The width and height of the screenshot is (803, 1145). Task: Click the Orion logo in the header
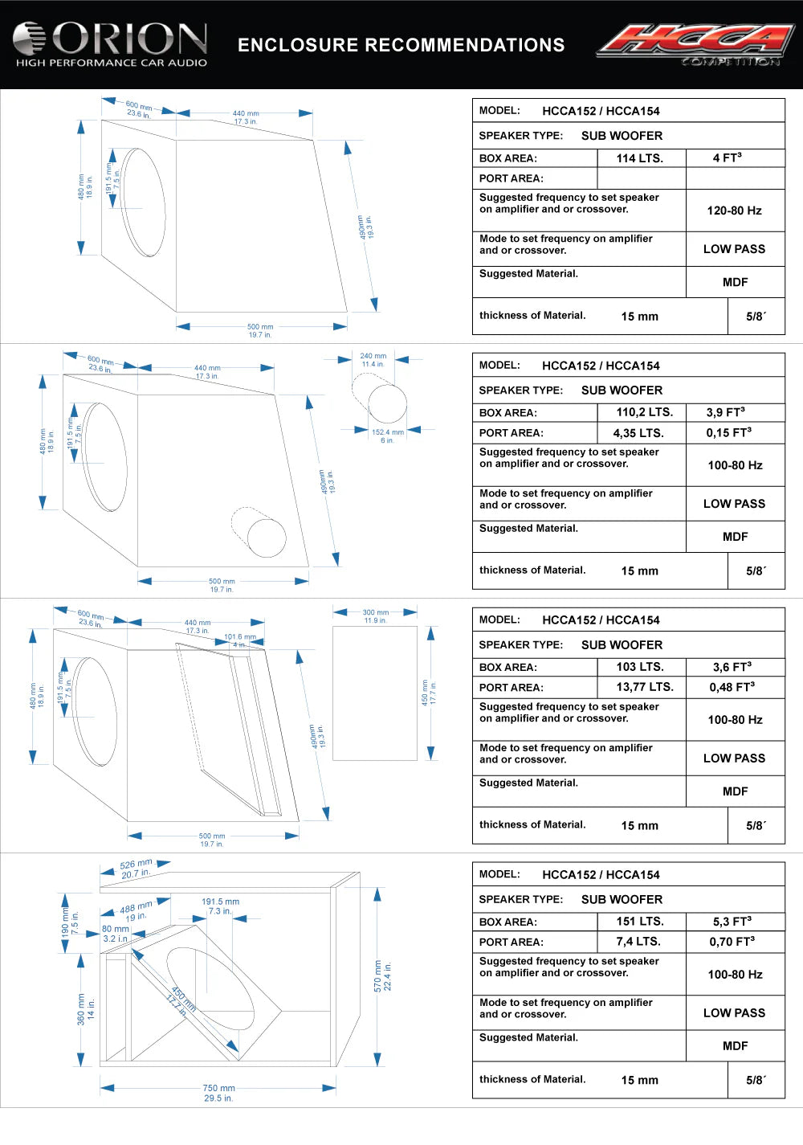click(x=110, y=43)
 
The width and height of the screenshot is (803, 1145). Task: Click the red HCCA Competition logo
click(x=695, y=43)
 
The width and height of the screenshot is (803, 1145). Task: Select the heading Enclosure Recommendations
click(x=401, y=45)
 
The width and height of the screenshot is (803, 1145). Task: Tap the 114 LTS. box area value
click(x=640, y=158)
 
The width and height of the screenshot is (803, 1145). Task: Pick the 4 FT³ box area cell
click(x=728, y=157)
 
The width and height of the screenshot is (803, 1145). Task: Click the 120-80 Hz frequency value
click(x=734, y=211)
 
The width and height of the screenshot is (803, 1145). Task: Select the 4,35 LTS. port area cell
click(x=640, y=432)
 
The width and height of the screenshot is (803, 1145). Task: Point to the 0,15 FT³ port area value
click(x=729, y=432)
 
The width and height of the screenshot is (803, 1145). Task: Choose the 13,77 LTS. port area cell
click(x=645, y=687)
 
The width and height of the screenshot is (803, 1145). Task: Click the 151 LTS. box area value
click(x=640, y=922)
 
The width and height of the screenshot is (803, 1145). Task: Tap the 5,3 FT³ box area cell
click(x=732, y=922)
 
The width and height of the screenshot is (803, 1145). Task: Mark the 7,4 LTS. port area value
click(x=638, y=942)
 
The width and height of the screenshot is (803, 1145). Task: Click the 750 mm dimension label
click(x=218, y=1089)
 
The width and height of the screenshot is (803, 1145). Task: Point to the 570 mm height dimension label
click(x=378, y=976)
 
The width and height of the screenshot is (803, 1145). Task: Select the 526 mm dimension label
click(x=136, y=865)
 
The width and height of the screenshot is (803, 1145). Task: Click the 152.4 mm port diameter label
click(x=388, y=432)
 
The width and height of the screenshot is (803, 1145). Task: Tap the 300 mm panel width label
click(x=376, y=612)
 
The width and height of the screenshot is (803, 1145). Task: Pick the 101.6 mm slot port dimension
click(x=239, y=637)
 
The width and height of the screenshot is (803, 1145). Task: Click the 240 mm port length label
click(x=373, y=356)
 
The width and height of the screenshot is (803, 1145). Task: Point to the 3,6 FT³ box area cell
click(x=732, y=667)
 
